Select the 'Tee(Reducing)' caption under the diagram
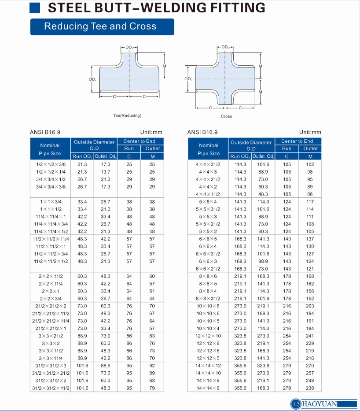click(127, 115)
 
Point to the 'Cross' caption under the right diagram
click(226, 116)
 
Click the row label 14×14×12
click(209, 366)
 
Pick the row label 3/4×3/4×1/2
click(51, 179)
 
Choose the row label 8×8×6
click(209, 276)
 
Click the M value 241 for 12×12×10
click(310, 336)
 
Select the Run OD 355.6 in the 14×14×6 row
click(240, 388)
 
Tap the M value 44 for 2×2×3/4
click(152, 298)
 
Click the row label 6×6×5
click(209, 239)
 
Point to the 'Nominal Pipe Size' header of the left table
click(50, 149)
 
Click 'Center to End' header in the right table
click(298, 141)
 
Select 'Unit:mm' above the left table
click(151, 132)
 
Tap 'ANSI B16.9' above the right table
click(202, 132)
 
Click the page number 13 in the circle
click(295, 404)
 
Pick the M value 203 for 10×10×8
click(310, 306)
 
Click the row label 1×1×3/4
click(51, 201)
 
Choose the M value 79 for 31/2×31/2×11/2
click(152, 388)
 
